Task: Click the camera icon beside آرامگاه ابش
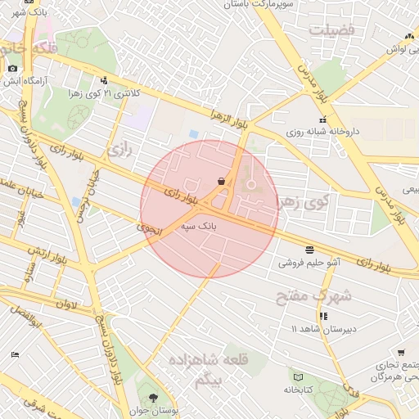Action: click(11, 69)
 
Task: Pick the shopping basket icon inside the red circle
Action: click(222, 180)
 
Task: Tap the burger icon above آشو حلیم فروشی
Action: click(309, 249)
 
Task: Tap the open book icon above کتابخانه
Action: click(299, 376)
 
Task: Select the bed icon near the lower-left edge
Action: click(15, 354)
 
